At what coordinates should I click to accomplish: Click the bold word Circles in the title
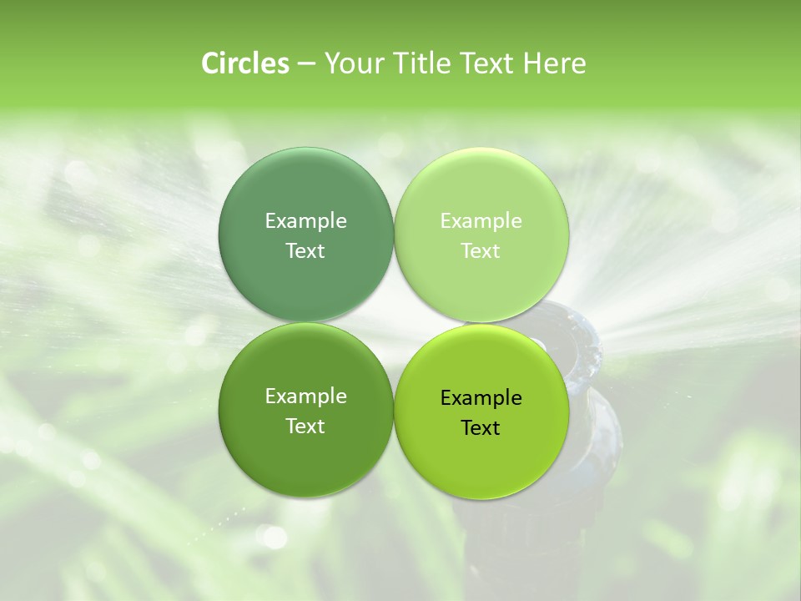click(245, 63)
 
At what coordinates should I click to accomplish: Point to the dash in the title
click(306, 64)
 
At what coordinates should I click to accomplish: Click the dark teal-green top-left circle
click(305, 188)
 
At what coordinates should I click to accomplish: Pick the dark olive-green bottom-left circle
click(305, 459)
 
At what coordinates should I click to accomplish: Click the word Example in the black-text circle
click(481, 398)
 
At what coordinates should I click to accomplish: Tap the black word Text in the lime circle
click(481, 428)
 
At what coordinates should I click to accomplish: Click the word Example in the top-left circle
click(305, 221)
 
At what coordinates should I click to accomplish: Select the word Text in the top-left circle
click(305, 251)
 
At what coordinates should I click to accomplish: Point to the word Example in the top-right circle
click(481, 221)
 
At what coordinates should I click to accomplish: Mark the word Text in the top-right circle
click(481, 251)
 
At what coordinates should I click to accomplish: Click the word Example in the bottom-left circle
click(305, 396)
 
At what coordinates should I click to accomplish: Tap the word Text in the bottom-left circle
click(305, 427)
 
